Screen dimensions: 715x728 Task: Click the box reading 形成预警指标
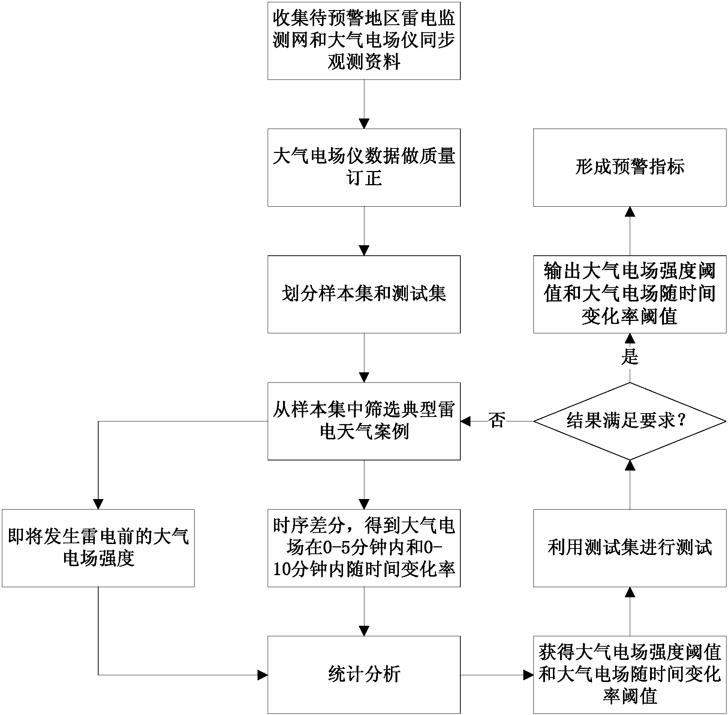click(629, 168)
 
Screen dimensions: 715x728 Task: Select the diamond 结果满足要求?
click(629, 421)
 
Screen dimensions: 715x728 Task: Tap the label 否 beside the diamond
click(496, 420)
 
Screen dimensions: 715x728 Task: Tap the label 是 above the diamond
click(629, 356)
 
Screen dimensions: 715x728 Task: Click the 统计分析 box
click(363, 675)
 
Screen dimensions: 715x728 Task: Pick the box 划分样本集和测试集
click(363, 294)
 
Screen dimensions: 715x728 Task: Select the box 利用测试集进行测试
click(629, 548)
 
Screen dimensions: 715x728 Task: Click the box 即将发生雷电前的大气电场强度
click(98, 548)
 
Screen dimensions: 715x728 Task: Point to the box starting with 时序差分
click(363, 548)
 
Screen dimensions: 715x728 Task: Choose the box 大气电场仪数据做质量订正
click(363, 168)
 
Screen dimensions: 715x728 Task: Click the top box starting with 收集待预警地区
click(363, 40)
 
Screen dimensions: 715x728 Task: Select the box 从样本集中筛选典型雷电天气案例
click(363, 421)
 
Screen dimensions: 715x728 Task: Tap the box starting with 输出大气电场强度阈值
click(629, 294)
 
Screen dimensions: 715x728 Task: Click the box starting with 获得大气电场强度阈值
click(629, 675)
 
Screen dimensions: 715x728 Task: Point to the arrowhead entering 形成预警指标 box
click(630, 212)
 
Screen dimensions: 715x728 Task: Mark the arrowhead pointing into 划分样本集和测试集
click(364, 250)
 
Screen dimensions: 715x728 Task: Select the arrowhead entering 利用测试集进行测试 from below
click(630, 592)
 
